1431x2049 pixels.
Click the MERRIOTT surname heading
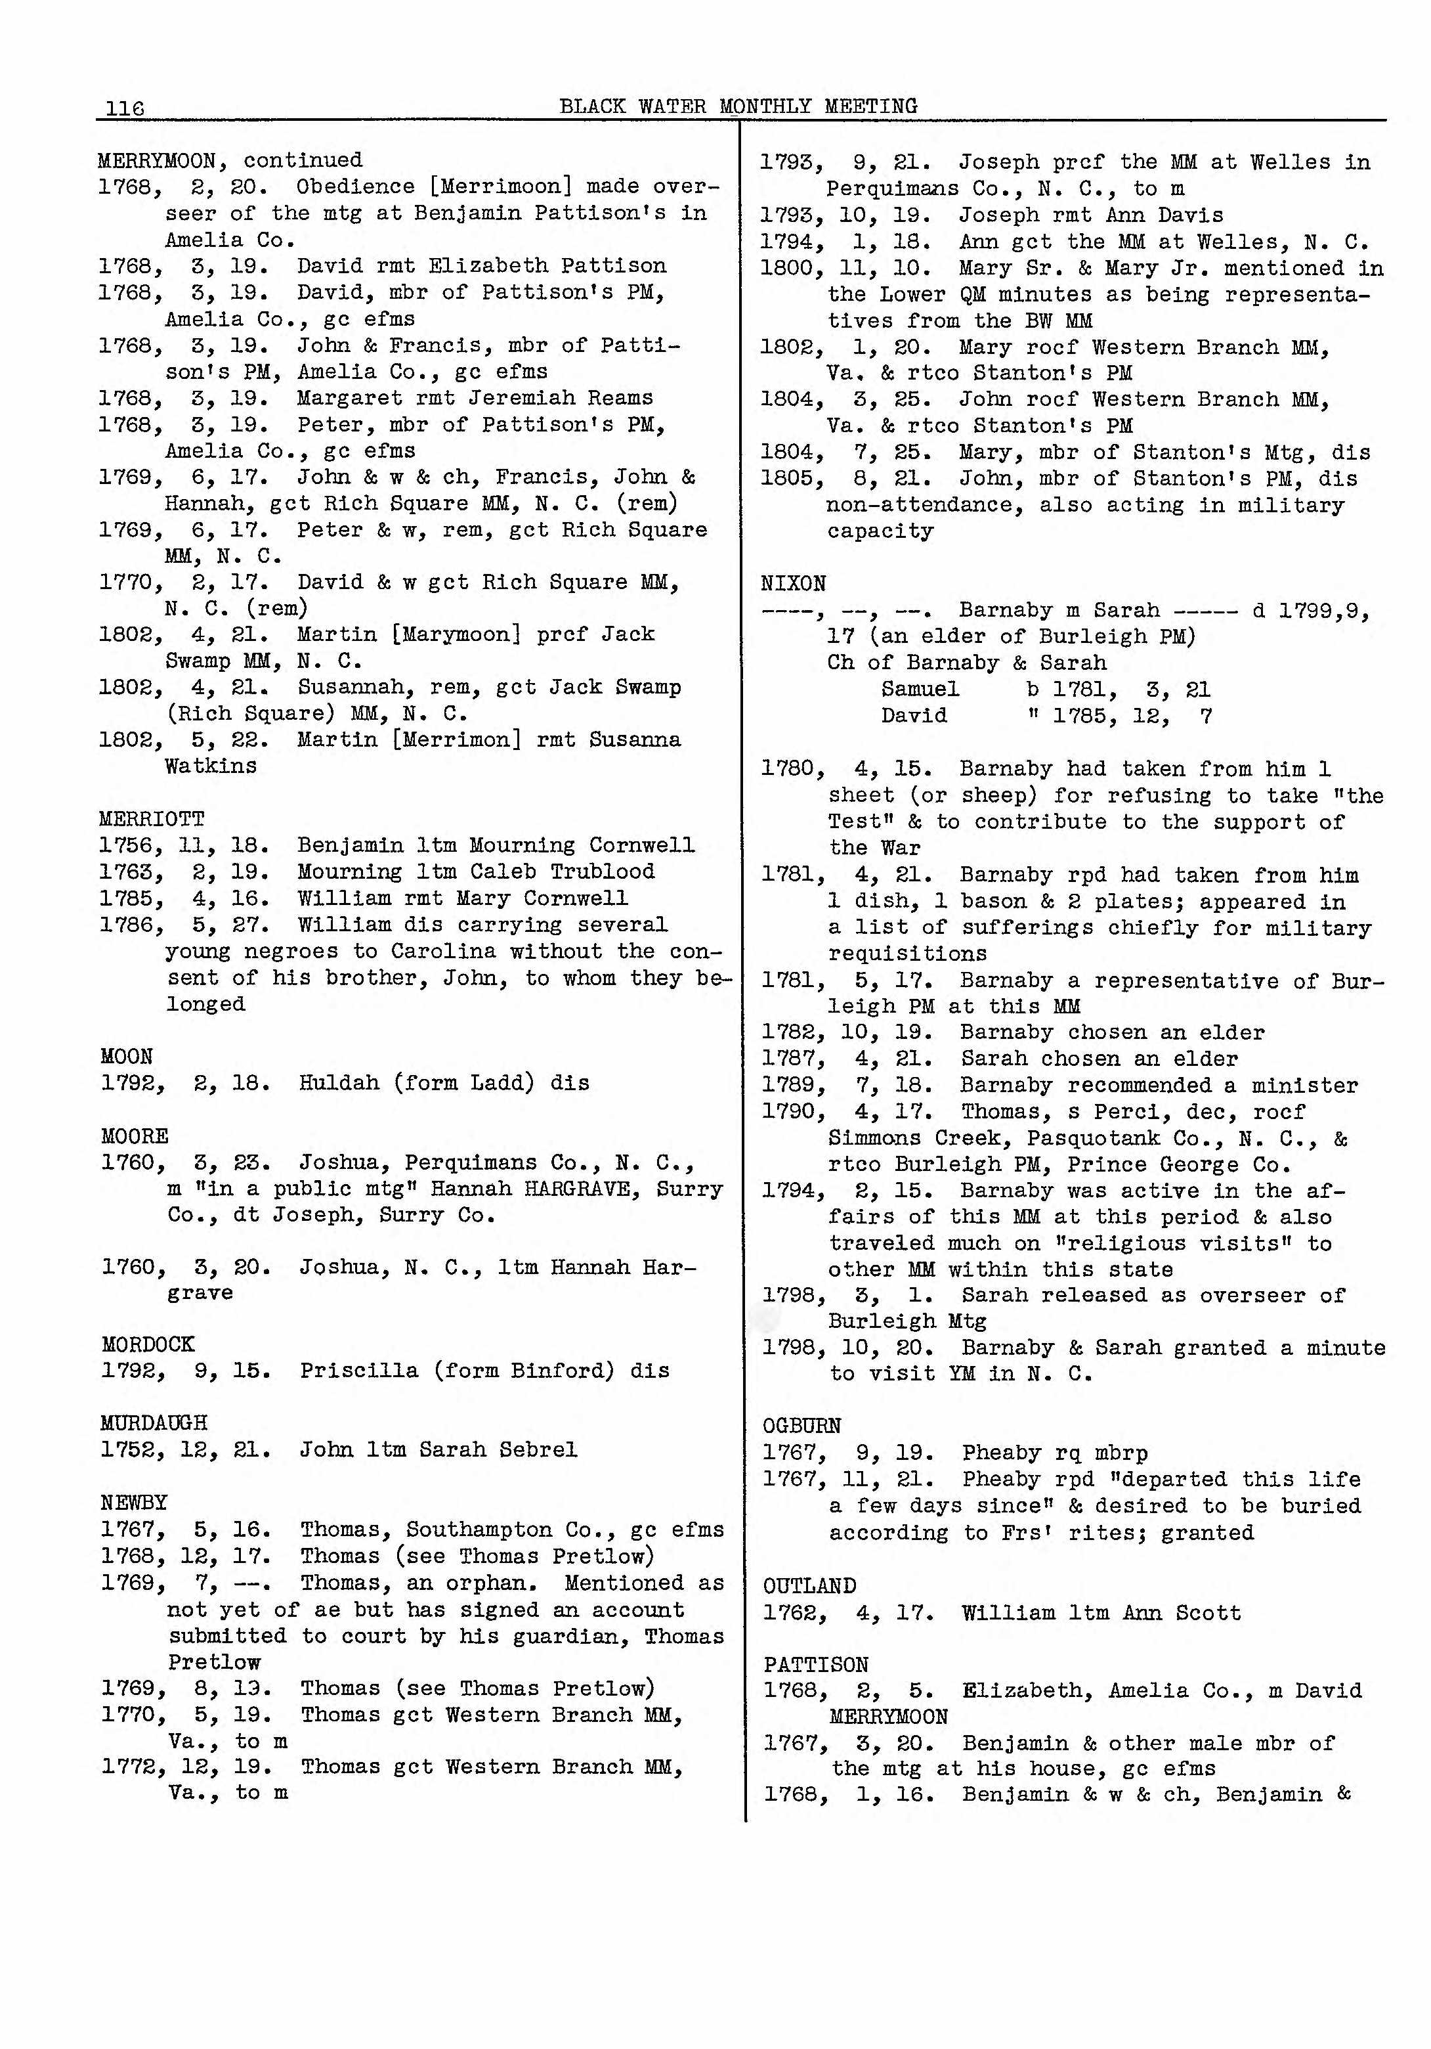point(152,818)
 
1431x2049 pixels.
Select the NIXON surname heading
point(792,584)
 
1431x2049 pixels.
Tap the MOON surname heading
point(127,1057)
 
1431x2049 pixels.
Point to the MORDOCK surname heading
point(147,1344)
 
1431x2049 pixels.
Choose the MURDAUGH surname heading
point(154,1422)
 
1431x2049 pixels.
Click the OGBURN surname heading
point(801,1425)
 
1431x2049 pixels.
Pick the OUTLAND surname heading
point(808,1586)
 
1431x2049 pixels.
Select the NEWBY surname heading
point(134,1503)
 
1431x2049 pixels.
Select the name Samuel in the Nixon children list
point(920,689)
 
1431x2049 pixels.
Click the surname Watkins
point(211,766)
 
